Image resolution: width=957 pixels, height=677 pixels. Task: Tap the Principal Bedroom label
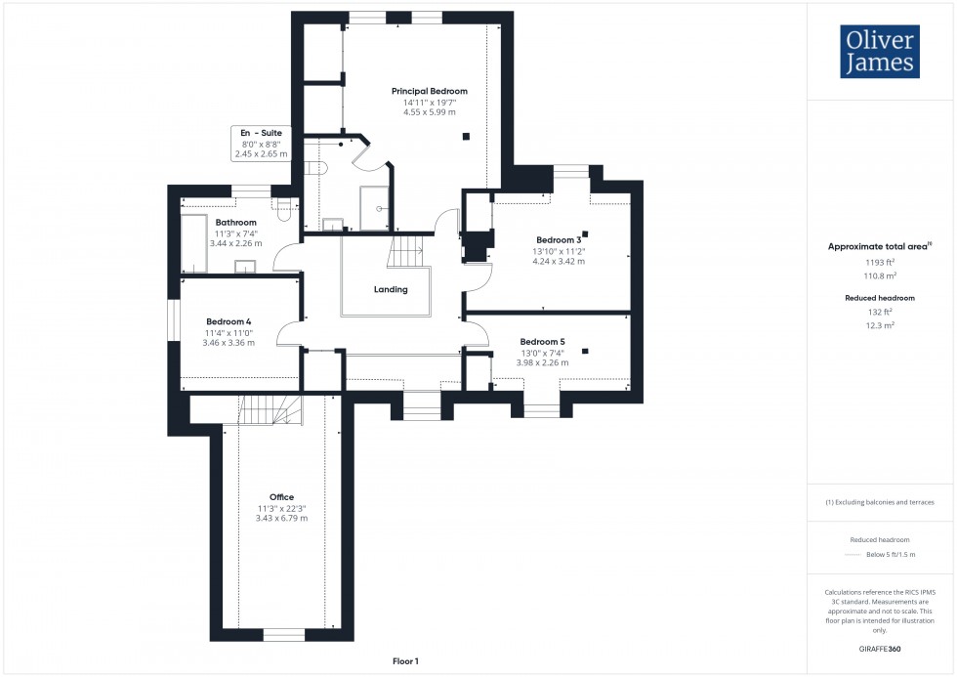click(429, 91)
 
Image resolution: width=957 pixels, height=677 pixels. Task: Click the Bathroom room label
click(235, 223)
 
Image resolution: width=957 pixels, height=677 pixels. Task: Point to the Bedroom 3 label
click(559, 239)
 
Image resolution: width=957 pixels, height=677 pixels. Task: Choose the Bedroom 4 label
click(229, 321)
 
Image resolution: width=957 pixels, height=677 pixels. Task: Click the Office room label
click(281, 497)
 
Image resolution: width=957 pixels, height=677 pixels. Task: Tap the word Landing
click(391, 289)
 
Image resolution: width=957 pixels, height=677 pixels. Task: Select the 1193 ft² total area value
click(881, 263)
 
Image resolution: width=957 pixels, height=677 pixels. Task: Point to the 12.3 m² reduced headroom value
click(881, 324)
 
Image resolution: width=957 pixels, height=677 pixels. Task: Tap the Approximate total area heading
click(878, 247)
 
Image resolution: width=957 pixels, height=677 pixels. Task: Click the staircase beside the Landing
click(405, 252)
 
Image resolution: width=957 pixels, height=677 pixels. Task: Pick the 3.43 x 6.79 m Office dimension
click(281, 519)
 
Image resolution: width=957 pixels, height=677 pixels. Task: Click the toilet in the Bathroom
click(284, 205)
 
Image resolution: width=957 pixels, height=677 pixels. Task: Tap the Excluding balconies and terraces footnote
click(880, 502)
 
